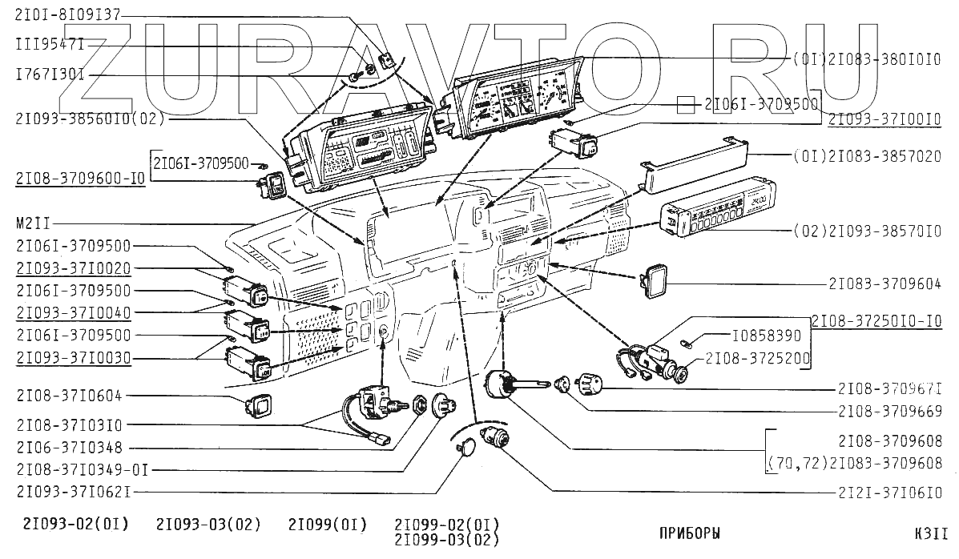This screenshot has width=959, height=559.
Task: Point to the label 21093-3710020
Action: (x=73, y=267)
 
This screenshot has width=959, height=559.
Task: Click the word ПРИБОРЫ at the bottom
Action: (x=689, y=533)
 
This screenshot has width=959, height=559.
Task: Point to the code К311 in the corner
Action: (x=932, y=533)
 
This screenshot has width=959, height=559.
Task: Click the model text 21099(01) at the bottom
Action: (x=328, y=525)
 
